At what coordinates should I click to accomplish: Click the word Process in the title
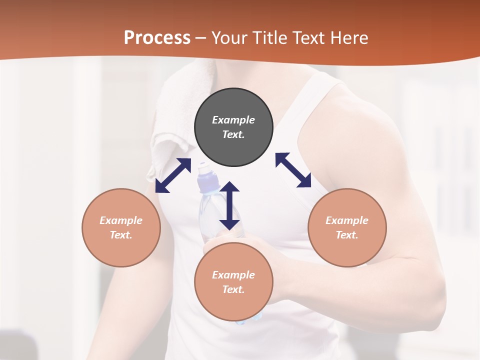(157, 38)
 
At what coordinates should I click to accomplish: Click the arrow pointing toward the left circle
(173, 175)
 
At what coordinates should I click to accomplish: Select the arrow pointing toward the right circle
(293, 170)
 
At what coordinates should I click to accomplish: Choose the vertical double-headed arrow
(229, 205)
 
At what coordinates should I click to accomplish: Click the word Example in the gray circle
(233, 120)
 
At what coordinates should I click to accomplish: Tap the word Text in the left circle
(120, 235)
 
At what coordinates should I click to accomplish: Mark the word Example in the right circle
(347, 220)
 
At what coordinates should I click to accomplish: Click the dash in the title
(201, 38)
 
